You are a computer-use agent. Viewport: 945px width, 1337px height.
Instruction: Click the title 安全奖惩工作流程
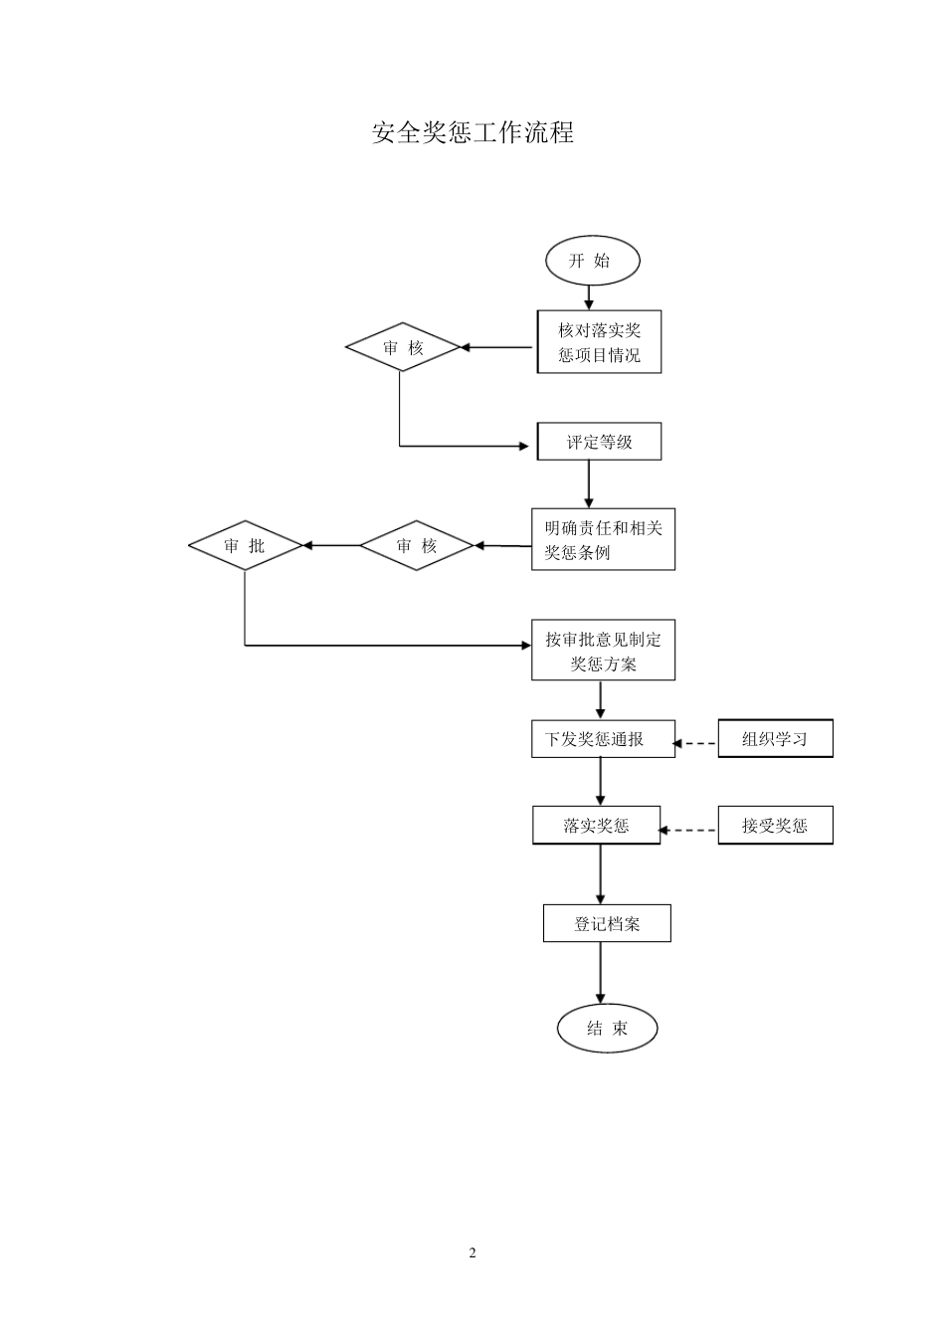[472, 132]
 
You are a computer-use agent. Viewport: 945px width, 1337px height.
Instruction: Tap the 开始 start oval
[592, 261]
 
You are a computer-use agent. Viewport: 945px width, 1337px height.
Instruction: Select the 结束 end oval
[607, 1029]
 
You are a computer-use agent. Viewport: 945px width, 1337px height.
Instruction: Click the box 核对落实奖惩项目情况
[599, 342]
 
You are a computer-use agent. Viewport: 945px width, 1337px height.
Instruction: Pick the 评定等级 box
[599, 442]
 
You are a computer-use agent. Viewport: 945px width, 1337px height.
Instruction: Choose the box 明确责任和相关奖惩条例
[603, 540]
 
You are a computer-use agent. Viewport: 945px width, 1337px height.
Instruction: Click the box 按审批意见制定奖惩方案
[603, 651]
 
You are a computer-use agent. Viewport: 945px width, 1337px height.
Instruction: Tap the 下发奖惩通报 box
[603, 739]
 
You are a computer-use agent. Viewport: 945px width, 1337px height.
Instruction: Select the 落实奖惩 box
[596, 826]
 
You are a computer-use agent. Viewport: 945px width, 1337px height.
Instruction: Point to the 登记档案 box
[607, 923]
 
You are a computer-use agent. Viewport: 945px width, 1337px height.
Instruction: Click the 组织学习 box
[775, 739]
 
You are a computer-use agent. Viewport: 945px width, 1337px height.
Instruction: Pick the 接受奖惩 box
[775, 826]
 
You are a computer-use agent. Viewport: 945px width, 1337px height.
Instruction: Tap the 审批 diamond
[245, 545]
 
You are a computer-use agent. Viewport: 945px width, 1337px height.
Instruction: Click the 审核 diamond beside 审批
[416, 545]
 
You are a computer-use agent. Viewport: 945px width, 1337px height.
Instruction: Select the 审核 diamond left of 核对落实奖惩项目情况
[403, 347]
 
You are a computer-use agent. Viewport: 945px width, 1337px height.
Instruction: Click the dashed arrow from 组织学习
[696, 743]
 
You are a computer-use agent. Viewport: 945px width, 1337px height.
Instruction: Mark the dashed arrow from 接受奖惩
[689, 830]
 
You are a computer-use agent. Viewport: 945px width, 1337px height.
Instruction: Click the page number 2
[472, 1252]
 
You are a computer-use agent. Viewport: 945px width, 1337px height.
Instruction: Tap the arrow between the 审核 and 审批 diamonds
[330, 545]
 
